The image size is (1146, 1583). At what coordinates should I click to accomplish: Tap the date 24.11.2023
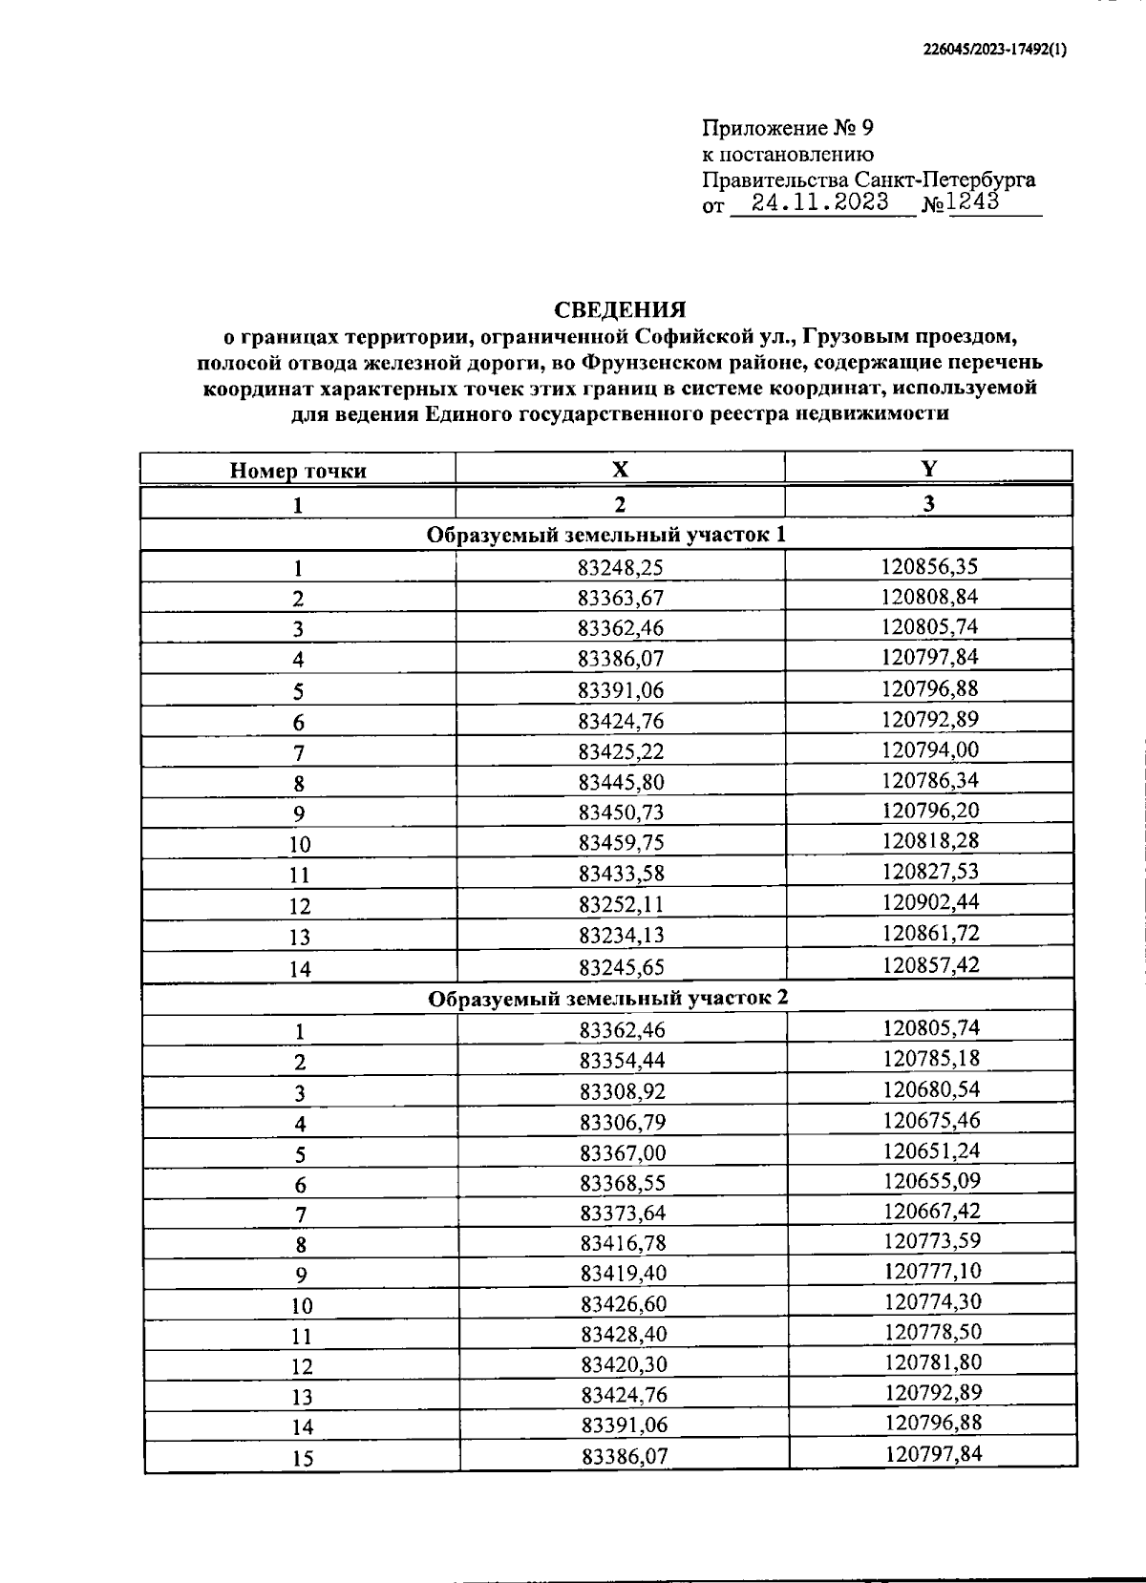(819, 202)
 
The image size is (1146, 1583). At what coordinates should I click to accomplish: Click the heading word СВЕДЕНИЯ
(621, 310)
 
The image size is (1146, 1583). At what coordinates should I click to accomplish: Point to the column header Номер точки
(298, 471)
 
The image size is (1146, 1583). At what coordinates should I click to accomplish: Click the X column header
(621, 469)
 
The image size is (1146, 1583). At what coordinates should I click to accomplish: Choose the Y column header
(928, 468)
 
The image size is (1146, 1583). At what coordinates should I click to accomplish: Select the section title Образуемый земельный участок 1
(606, 535)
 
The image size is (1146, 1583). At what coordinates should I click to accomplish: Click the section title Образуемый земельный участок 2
(608, 999)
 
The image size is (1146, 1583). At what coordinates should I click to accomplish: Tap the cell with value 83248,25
(621, 568)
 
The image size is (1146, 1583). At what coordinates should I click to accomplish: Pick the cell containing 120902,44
(929, 901)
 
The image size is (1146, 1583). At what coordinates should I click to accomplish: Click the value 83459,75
(621, 842)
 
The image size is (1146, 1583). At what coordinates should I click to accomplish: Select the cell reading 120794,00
(929, 749)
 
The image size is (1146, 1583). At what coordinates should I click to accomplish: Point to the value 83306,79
(623, 1122)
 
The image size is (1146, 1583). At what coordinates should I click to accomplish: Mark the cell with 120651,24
(931, 1150)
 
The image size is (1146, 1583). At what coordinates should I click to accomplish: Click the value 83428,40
(623, 1334)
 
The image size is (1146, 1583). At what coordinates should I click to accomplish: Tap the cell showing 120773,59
(932, 1241)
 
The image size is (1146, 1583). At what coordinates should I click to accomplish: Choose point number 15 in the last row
(302, 1459)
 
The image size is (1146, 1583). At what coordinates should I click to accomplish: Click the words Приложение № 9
(788, 128)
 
